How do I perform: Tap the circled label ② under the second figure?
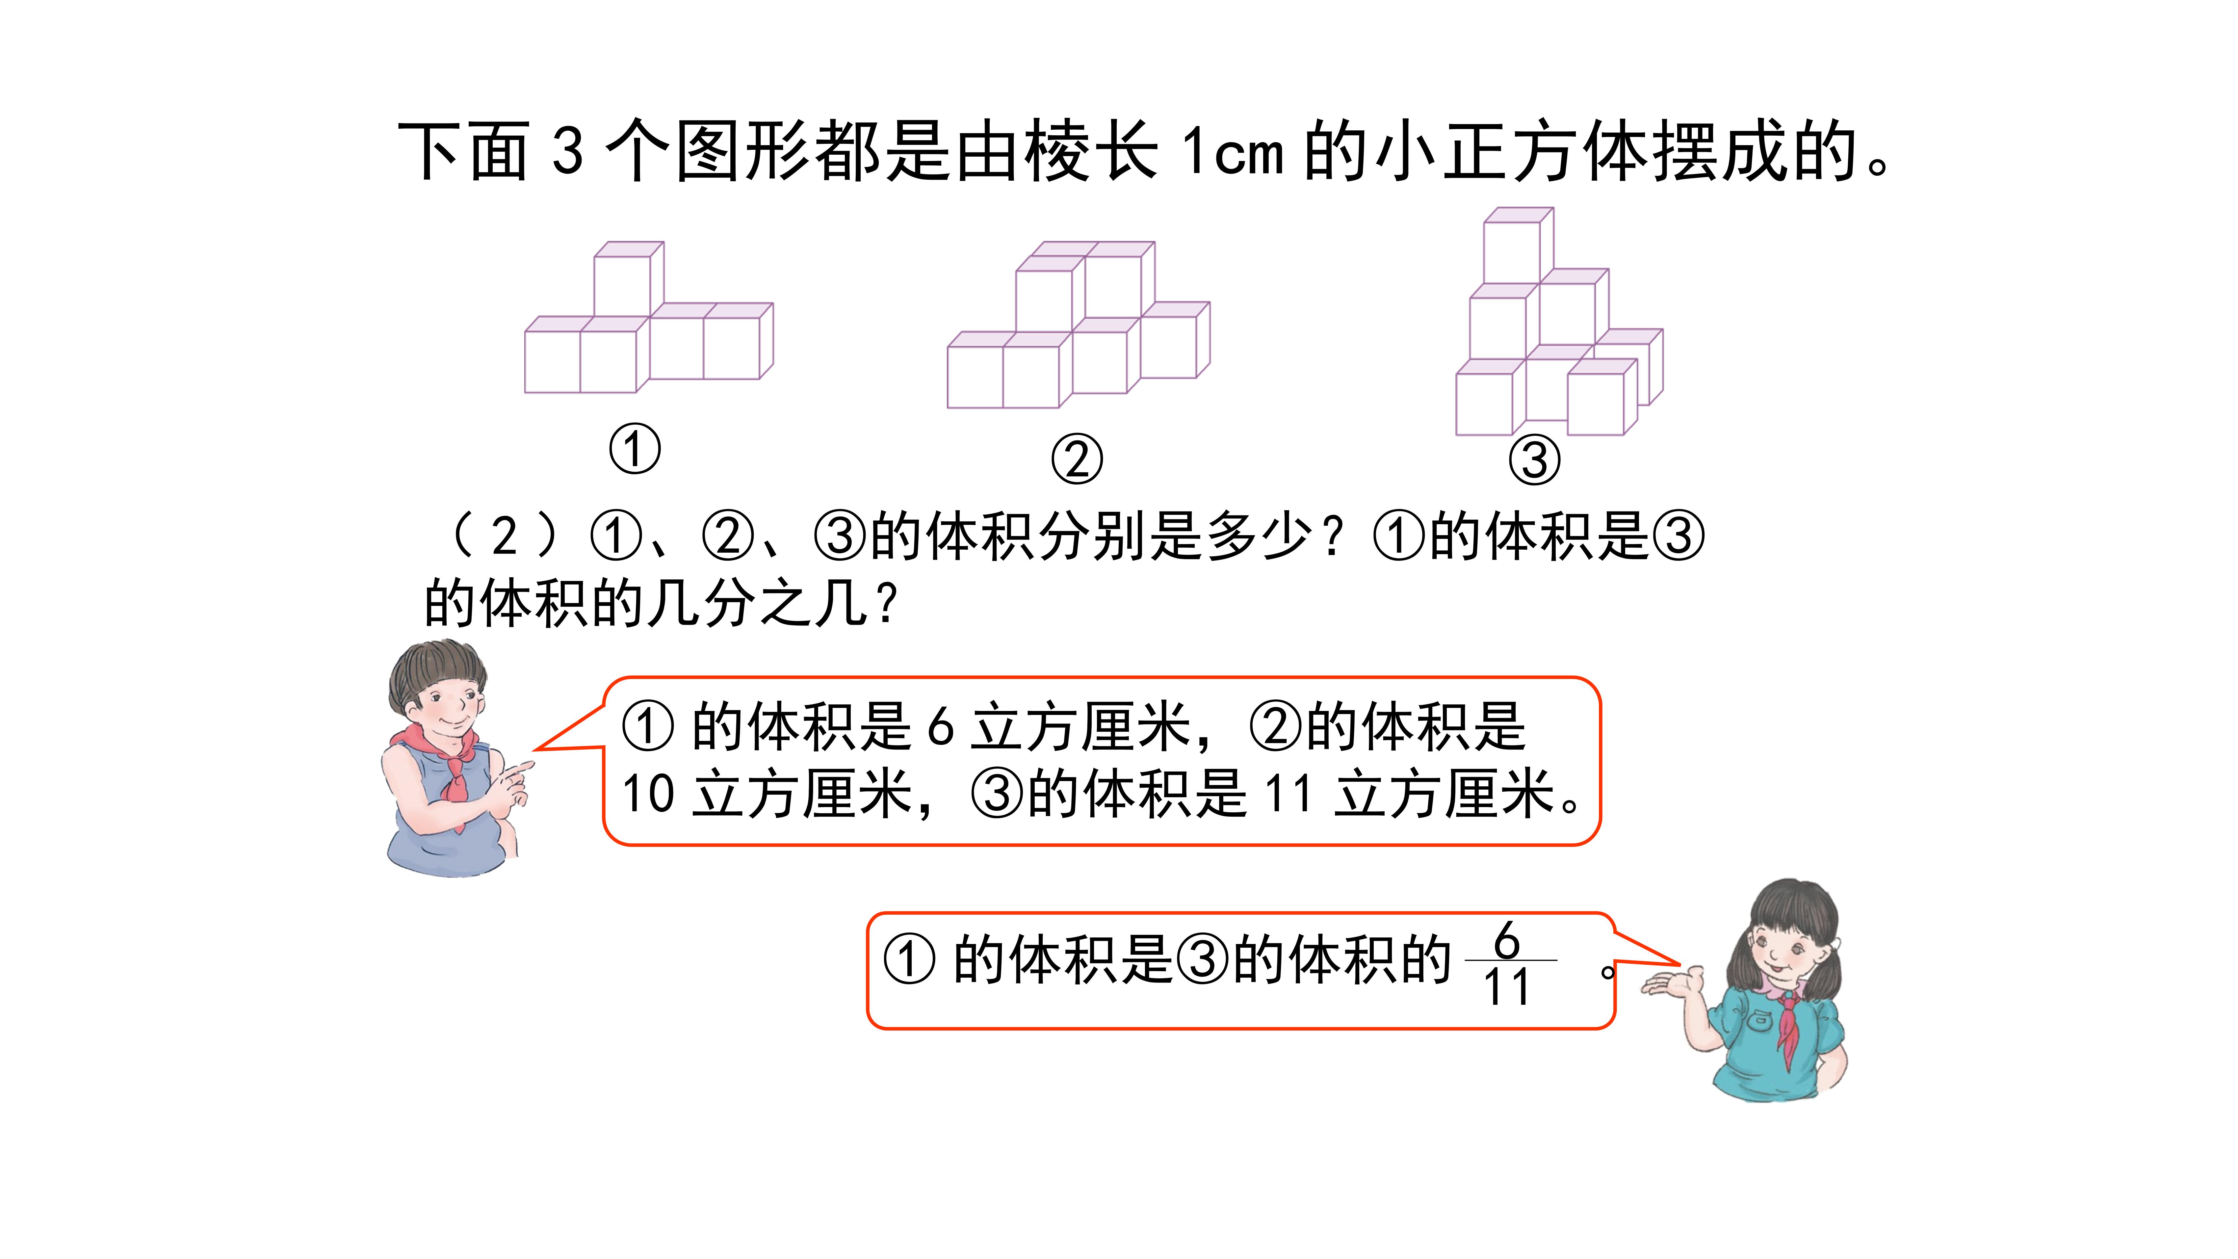[1077, 459]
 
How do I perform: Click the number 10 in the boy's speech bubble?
[648, 793]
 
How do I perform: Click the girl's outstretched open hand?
[1670, 984]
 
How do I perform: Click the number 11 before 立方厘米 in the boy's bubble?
[1288, 793]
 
